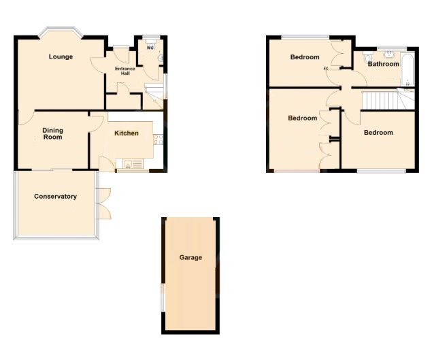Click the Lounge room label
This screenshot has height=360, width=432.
point(61,56)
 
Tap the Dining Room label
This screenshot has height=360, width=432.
point(52,133)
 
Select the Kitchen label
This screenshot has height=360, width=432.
point(126,133)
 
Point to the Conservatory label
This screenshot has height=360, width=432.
point(55,197)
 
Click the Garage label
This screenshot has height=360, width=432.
point(190,257)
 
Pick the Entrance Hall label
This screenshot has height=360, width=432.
point(125,71)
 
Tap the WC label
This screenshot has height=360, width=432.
point(150,48)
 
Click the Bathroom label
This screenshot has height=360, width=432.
point(383,64)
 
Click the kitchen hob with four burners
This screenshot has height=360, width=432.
point(158,140)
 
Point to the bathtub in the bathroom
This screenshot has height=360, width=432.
point(408,71)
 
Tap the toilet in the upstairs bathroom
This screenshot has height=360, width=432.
point(367,56)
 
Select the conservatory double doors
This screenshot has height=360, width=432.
point(103,203)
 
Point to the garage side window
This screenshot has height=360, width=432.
point(163,298)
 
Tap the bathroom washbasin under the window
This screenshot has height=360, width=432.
point(390,54)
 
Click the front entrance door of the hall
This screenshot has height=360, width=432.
point(121,54)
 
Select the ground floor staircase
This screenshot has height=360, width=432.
point(154,97)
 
